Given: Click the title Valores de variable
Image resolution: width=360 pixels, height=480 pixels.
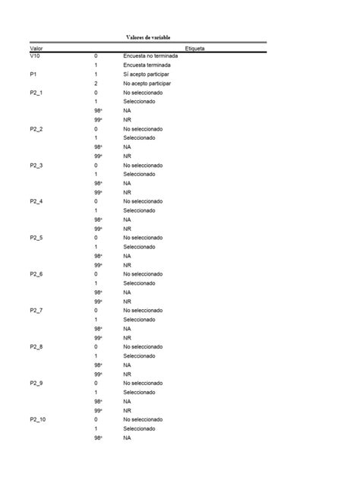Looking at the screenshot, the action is point(148,36).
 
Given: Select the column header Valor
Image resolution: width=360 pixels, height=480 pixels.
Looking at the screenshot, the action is point(36,48).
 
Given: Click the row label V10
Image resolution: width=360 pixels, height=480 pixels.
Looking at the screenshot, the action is point(36,56).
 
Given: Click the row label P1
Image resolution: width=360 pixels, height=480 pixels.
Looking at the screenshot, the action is point(33,74).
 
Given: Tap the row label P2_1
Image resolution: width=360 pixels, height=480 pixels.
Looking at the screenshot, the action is point(36,93).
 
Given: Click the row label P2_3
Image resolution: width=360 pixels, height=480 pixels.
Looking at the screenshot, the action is point(36,165).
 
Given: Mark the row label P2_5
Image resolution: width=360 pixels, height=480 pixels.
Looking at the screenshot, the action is point(36,238).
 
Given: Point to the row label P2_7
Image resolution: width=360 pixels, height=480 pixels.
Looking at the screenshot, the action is point(36,310).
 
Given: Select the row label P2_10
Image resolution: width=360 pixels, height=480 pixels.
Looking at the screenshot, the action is point(38,419).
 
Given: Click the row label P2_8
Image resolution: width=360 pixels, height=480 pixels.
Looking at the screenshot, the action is point(36,346).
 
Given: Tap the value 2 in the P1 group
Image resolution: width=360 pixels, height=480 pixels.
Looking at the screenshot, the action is point(96,84).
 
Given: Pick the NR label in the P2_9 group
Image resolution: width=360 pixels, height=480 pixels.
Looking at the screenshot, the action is point(127,410).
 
